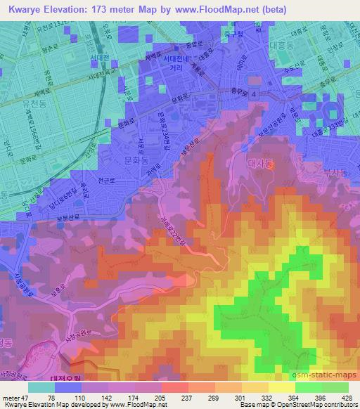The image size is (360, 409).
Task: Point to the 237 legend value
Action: click(166, 398)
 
